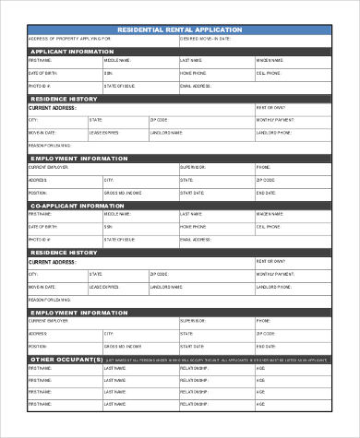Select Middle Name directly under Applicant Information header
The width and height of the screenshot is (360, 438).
click(x=117, y=60)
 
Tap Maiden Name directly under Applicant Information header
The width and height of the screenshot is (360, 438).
click(x=270, y=60)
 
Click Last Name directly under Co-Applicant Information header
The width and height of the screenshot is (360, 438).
click(x=190, y=213)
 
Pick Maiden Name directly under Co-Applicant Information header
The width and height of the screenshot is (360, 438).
click(x=270, y=213)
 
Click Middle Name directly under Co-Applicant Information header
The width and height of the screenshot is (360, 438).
click(x=117, y=213)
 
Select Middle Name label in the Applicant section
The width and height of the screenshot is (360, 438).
click(x=117, y=60)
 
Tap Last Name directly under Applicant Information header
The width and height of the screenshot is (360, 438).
click(x=190, y=60)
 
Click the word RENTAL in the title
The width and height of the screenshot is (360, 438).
click(x=177, y=30)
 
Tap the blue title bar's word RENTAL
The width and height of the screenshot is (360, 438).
click(x=177, y=30)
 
